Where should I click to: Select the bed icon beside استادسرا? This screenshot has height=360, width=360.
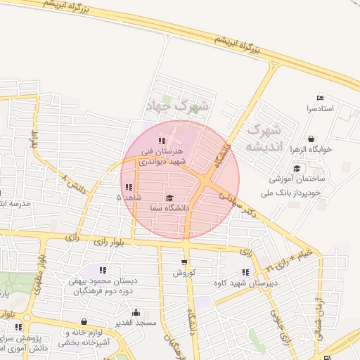tap(321, 97)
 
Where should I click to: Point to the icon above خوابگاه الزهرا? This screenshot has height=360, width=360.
tap(311, 139)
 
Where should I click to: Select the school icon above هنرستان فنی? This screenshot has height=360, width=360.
tap(162, 141)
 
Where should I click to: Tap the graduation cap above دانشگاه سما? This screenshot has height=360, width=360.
tap(169, 198)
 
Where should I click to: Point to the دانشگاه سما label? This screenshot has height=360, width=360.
tap(169, 208)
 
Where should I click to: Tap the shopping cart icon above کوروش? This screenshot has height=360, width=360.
tap(184, 262)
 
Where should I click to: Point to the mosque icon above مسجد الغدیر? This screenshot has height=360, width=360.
tap(136, 312)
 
